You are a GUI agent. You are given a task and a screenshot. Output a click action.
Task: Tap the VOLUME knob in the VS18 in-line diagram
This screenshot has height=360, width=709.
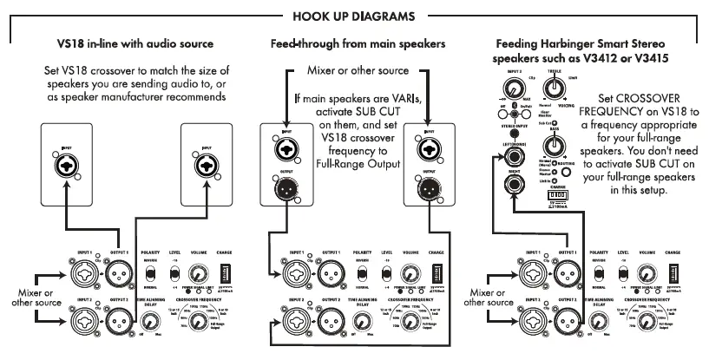tap(199, 270)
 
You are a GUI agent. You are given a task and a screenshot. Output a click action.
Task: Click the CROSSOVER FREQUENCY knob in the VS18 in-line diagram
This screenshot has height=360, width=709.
tap(199, 324)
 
